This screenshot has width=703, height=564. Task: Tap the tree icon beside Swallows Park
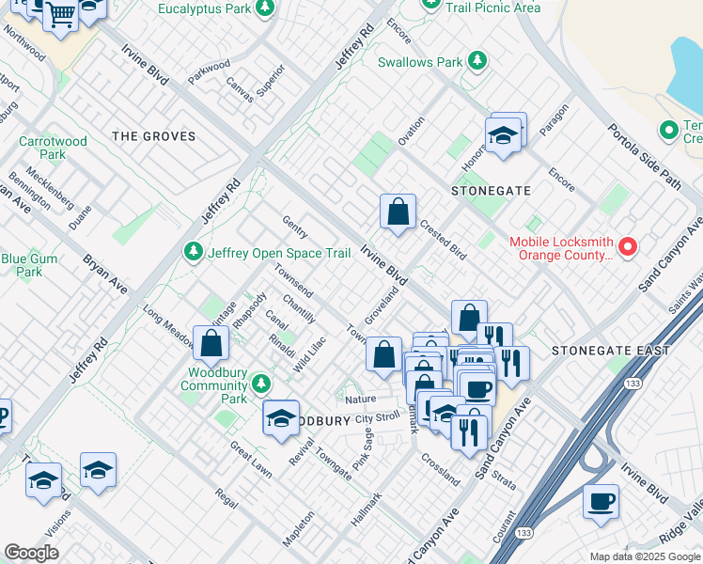click(x=478, y=61)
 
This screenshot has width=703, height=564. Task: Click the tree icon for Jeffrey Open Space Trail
click(x=193, y=252)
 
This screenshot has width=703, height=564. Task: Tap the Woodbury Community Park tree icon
click(x=260, y=384)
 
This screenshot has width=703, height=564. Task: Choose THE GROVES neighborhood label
click(x=154, y=136)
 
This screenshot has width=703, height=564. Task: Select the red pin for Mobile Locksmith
click(x=627, y=248)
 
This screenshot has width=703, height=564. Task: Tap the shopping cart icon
click(x=60, y=14)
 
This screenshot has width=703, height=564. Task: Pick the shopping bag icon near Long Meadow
click(x=211, y=343)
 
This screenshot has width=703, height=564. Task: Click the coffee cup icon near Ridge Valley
click(x=601, y=501)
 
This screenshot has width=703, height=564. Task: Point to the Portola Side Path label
click(x=644, y=156)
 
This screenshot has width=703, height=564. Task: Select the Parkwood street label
click(x=209, y=73)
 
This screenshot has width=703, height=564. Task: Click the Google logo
click(x=32, y=553)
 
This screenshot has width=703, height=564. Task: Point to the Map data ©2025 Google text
click(x=644, y=556)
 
